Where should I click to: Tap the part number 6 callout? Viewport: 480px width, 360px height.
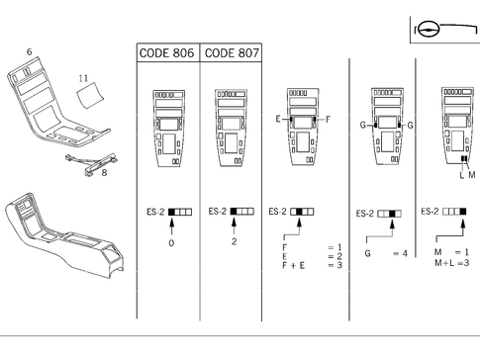pyautogui.click(x=29, y=50)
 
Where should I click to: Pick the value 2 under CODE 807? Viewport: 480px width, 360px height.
pyautogui.click(x=234, y=240)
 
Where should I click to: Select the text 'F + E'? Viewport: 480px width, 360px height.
pyautogui.click(x=292, y=265)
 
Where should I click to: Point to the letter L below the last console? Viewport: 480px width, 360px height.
pyautogui.click(x=461, y=175)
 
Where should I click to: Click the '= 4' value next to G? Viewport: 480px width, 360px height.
pyautogui.click(x=399, y=254)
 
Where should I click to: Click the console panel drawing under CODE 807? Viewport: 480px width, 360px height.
pyautogui.click(x=234, y=127)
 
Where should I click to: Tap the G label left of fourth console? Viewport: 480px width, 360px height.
pyautogui.click(x=363, y=126)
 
